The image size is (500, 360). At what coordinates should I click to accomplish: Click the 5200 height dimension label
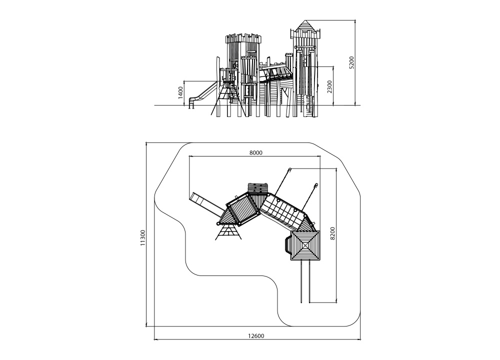[351, 62]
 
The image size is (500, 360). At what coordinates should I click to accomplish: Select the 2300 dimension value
[329, 86]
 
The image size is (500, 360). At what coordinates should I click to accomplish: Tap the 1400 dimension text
[181, 92]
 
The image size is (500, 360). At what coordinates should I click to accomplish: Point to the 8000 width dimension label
[255, 152]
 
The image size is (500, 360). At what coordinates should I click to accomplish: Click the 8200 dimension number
[332, 233]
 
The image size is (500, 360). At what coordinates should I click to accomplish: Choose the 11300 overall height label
[143, 237]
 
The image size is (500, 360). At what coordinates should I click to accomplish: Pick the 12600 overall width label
[256, 336]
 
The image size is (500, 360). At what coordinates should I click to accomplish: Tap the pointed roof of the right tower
[305, 26]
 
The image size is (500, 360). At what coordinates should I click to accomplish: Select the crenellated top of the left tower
[243, 38]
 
